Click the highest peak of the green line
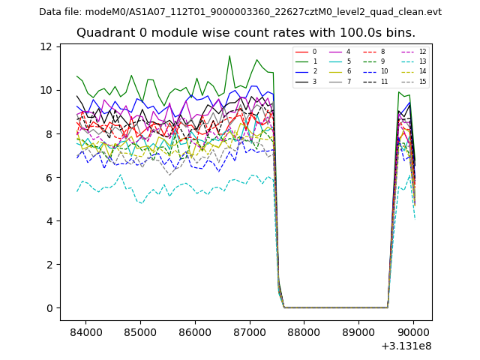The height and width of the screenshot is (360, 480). pos(229,55)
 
